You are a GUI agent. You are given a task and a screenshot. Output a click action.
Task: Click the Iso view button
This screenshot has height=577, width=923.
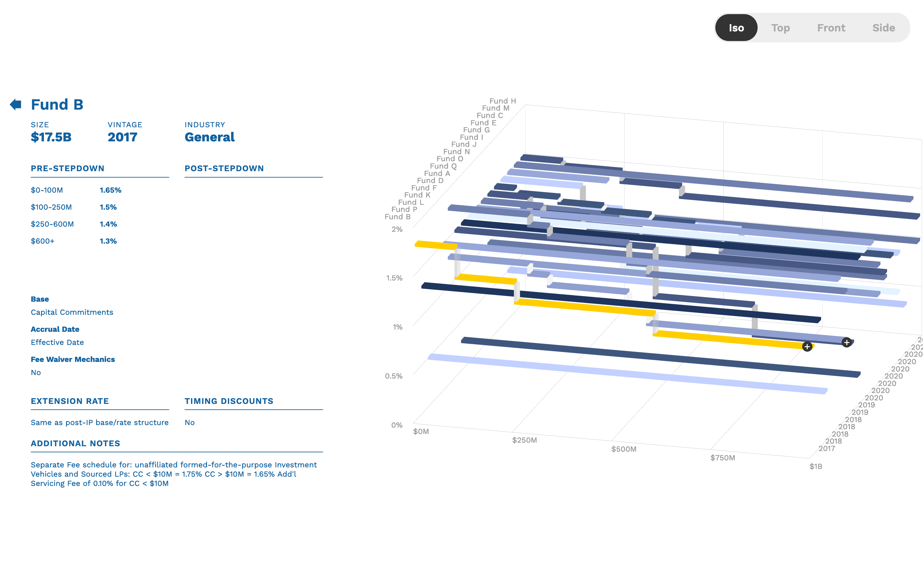[x=736, y=28]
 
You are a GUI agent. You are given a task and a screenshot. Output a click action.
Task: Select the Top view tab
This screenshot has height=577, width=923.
[x=780, y=28]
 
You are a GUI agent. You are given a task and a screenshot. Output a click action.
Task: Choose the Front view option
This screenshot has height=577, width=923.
[x=831, y=28]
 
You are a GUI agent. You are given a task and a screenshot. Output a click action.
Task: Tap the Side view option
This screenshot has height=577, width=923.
[x=883, y=28]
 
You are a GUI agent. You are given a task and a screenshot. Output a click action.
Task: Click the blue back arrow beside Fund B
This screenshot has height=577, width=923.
[x=16, y=104]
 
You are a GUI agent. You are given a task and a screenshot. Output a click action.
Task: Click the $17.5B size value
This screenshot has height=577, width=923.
[x=51, y=137]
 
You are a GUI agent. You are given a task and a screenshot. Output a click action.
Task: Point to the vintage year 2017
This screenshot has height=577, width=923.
[x=122, y=137]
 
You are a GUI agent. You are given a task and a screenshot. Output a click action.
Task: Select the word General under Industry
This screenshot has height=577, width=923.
[x=209, y=137]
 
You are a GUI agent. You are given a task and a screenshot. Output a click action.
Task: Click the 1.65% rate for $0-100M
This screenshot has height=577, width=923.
[x=110, y=190]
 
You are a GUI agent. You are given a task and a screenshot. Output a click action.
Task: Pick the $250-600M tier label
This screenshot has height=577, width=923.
[x=52, y=224]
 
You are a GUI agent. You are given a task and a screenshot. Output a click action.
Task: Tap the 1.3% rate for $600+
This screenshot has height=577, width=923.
[x=108, y=241]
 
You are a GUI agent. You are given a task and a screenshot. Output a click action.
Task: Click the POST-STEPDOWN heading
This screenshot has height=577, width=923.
[x=224, y=168]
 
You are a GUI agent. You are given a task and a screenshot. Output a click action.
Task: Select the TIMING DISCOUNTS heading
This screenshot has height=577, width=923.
[x=229, y=401]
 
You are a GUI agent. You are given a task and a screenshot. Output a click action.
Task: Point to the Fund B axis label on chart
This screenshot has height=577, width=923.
[x=397, y=217]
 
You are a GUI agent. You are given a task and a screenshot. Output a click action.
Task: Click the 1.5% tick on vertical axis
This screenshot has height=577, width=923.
[x=394, y=278]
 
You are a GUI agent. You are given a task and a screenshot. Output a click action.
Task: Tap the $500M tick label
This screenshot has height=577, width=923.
[x=624, y=449]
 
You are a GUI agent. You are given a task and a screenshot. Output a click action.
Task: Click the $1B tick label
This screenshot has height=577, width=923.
[x=816, y=466]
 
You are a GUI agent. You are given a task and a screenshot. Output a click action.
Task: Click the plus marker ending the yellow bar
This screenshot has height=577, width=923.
[x=807, y=347]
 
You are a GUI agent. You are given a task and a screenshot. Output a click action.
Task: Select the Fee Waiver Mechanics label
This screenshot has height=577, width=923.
[x=72, y=359]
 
